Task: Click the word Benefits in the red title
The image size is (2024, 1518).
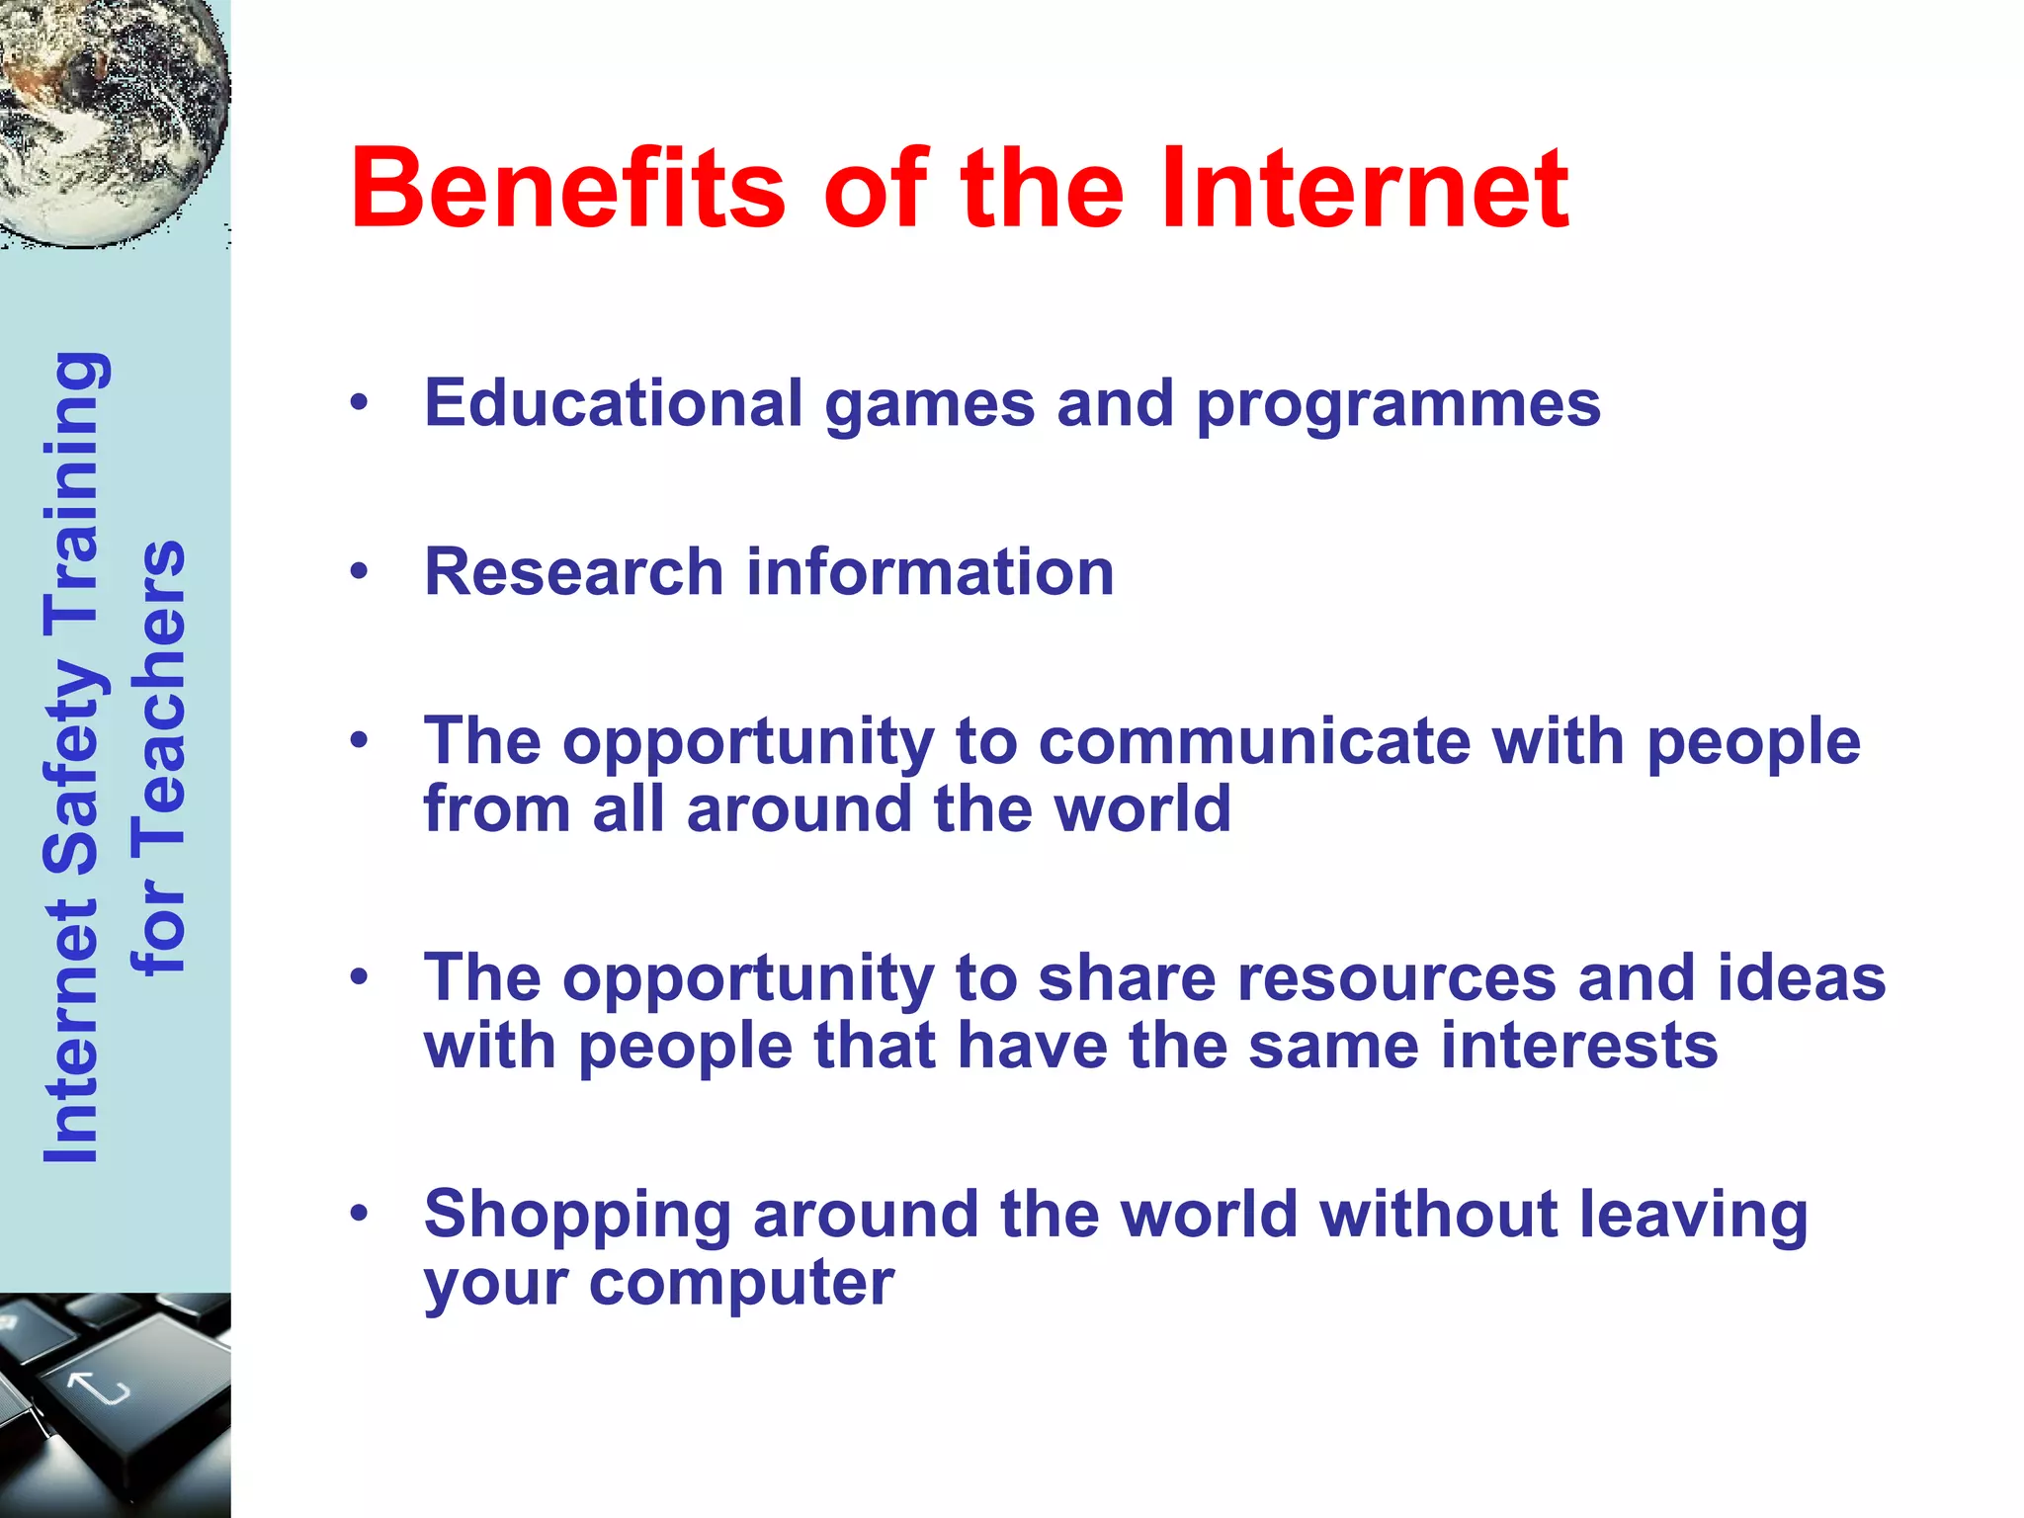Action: coord(567,188)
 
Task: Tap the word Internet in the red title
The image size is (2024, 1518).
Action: coord(1364,188)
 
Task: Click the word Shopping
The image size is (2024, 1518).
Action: coord(577,1216)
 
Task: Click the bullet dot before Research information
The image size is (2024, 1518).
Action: coord(359,571)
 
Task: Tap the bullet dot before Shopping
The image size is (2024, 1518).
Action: coord(359,1214)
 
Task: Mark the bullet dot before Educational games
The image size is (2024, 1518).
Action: coord(359,402)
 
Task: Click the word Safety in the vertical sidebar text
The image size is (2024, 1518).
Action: coord(71,761)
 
